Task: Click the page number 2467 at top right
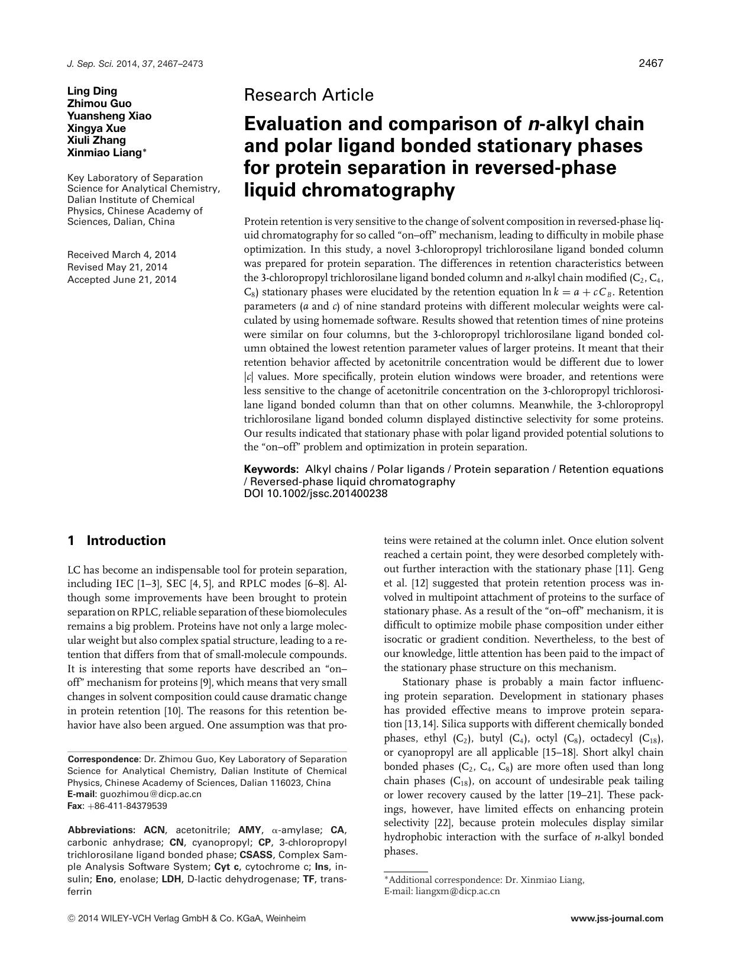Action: [x=650, y=64]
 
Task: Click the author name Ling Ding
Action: [x=92, y=91]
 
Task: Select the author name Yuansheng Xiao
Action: [x=109, y=116]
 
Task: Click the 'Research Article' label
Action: [x=309, y=95]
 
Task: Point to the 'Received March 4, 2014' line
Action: [x=122, y=255]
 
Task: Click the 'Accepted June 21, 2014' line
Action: [x=122, y=280]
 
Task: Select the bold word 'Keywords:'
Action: [x=271, y=469]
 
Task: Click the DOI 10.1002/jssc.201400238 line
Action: [x=316, y=493]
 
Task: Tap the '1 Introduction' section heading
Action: [x=117, y=541]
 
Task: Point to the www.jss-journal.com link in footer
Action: [x=617, y=919]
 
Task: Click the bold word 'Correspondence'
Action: [x=103, y=759]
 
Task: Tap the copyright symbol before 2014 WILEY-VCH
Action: [x=72, y=919]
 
